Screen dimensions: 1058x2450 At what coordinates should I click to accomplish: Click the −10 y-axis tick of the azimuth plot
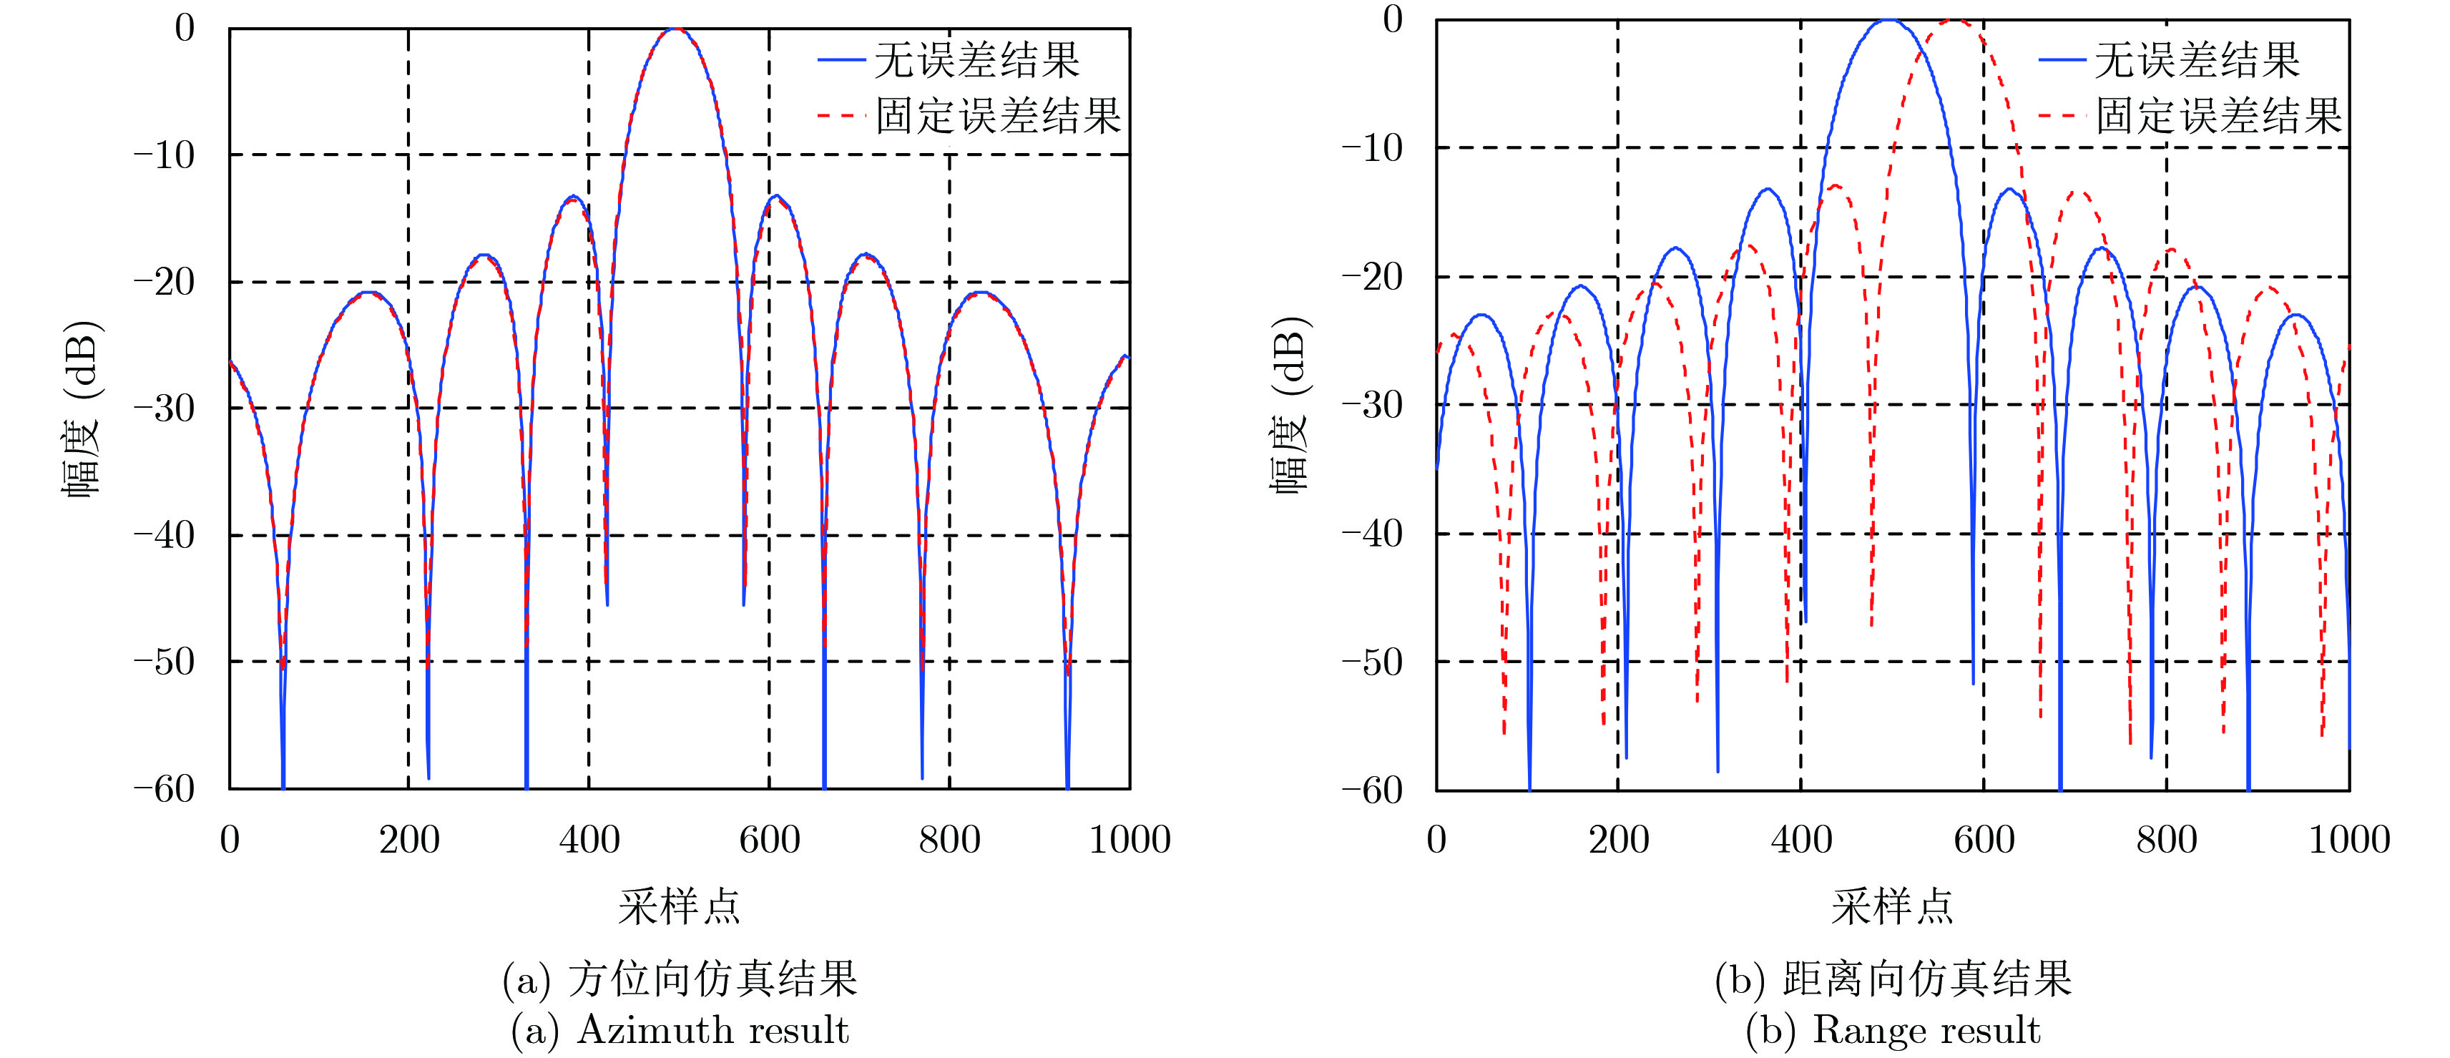(164, 154)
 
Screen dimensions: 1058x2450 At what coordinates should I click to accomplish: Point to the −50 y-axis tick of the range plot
(1371, 661)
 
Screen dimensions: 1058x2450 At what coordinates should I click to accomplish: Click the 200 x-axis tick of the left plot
(409, 840)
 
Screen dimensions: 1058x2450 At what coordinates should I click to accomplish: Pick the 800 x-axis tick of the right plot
(2165, 840)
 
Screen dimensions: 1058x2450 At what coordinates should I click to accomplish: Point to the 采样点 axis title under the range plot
(1892, 906)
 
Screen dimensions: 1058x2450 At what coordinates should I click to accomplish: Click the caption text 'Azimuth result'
(712, 1030)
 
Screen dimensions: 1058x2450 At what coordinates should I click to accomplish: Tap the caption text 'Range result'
(1926, 1030)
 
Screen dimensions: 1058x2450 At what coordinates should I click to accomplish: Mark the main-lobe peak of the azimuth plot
(675, 29)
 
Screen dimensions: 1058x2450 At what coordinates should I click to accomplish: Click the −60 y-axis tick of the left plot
(164, 789)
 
